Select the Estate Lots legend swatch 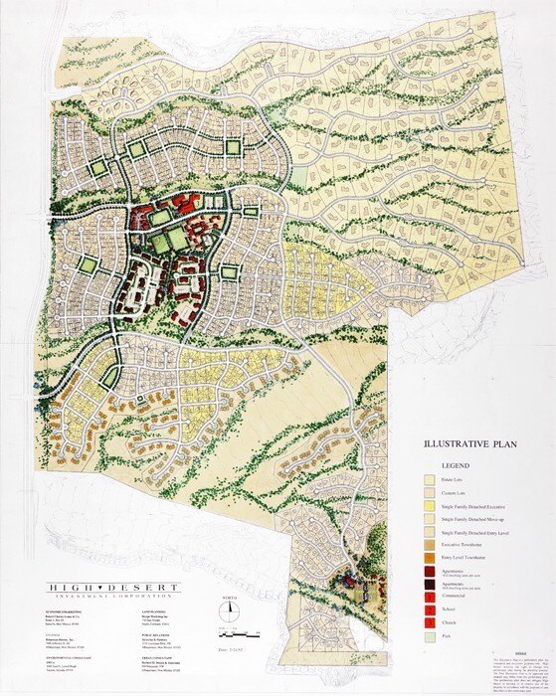tap(431, 480)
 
